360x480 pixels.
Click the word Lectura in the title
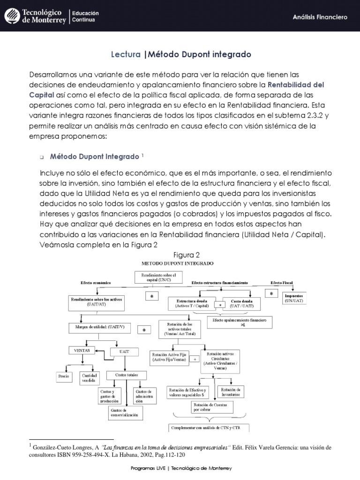coord(125,55)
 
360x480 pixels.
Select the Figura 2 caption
coord(187,255)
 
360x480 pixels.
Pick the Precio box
coord(63,376)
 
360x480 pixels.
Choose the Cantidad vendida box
coord(90,378)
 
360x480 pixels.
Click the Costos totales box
coord(123,375)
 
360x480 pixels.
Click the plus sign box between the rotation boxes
coord(195,359)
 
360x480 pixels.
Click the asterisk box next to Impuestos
coord(271,293)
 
